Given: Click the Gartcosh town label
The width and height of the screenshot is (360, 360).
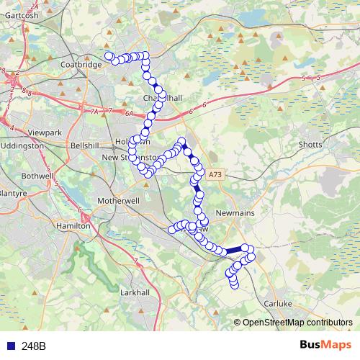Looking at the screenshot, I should [x=20, y=14].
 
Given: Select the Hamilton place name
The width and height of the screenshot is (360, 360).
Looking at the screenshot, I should [x=73, y=225].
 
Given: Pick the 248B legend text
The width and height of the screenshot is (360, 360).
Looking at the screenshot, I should [x=33, y=346].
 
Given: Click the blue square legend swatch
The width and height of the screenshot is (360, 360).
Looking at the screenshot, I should [x=10, y=346].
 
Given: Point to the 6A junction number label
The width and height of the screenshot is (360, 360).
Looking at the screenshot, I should [x=129, y=114].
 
